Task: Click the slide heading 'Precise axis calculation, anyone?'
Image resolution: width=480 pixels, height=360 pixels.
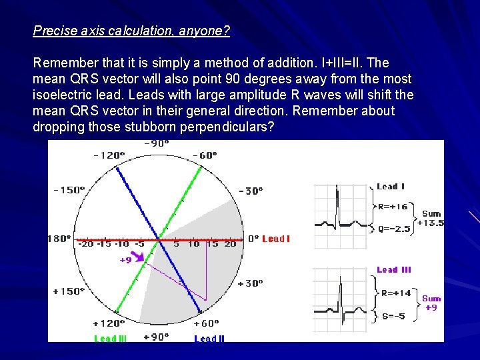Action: click(131, 31)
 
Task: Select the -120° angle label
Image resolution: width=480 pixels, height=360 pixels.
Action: click(109, 155)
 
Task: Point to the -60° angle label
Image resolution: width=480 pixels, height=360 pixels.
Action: click(204, 155)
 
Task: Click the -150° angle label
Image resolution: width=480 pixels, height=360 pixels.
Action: click(69, 190)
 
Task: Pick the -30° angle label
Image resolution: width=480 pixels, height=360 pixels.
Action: click(251, 191)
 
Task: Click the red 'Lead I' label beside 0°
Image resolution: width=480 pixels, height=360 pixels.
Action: click(276, 239)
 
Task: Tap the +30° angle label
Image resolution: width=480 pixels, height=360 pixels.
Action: click(250, 283)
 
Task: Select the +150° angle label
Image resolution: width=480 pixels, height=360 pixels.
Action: click(69, 291)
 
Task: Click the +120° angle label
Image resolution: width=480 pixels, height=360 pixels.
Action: click(108, 323)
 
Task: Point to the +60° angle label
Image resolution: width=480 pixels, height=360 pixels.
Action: click(205, 323)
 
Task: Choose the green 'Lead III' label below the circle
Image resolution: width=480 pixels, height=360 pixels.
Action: click(111, 339)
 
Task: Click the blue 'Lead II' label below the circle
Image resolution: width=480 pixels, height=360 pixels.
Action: click(209, 339)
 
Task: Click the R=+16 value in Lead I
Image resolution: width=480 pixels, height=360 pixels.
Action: click(393, 207)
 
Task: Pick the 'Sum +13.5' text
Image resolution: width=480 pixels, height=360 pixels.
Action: click(431, 219)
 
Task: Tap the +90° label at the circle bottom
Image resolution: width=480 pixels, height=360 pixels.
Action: click(157, 337)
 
